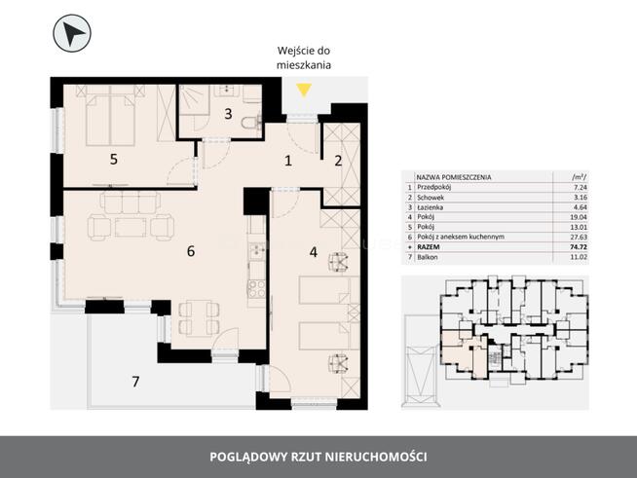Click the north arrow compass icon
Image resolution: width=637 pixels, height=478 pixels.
point(72,33)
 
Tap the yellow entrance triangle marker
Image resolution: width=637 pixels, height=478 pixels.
point(304,90)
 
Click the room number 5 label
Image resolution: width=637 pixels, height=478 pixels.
point(114,160)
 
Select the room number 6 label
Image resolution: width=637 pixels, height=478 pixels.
point(191,251)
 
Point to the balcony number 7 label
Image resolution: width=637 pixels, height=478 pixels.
point(135,382)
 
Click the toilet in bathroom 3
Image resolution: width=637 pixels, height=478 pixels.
point(252,123)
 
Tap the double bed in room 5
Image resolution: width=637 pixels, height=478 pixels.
point(110,120)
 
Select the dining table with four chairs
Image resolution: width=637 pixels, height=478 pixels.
point(199,318)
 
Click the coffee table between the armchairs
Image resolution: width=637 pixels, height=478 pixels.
point(131,228)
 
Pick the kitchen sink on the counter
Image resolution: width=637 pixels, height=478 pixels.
point(257,251)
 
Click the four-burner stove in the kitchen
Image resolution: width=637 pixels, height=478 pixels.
point(257,289)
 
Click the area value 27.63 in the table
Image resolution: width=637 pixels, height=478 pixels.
point(579,237)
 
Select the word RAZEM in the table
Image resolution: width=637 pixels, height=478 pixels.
point(429,247)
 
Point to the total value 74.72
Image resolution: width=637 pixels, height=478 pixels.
point(579,247)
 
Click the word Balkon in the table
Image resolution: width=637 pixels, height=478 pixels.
point(428,257)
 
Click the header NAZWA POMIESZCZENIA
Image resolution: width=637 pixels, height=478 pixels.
point(454,177)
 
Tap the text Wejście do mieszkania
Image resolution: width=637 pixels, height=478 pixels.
point(304,57)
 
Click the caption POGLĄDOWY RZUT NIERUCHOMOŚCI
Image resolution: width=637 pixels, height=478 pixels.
point(318,457)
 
